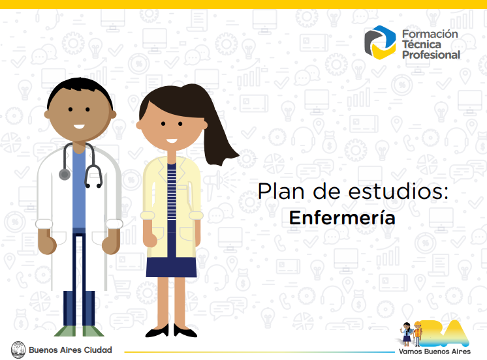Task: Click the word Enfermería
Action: tap(342, 218)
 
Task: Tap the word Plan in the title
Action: tap(281, 191)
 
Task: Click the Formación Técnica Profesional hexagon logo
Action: tap(380, 42)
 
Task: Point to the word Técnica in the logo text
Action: tap(422, 44)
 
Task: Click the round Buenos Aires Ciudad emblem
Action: tap(18, 350)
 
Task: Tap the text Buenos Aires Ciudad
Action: tap(71, 350)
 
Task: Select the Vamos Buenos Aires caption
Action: tap(435, 352)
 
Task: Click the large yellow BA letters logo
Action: tap(446, 334)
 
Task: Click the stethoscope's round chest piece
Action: tap(65, 174)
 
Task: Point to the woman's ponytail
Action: tap(217, 130)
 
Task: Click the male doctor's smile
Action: tap(79, 127)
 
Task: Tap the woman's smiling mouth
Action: tap(172, 141)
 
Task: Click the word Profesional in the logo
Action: tap(431, 55)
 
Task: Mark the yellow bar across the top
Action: tap(243, 5)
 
